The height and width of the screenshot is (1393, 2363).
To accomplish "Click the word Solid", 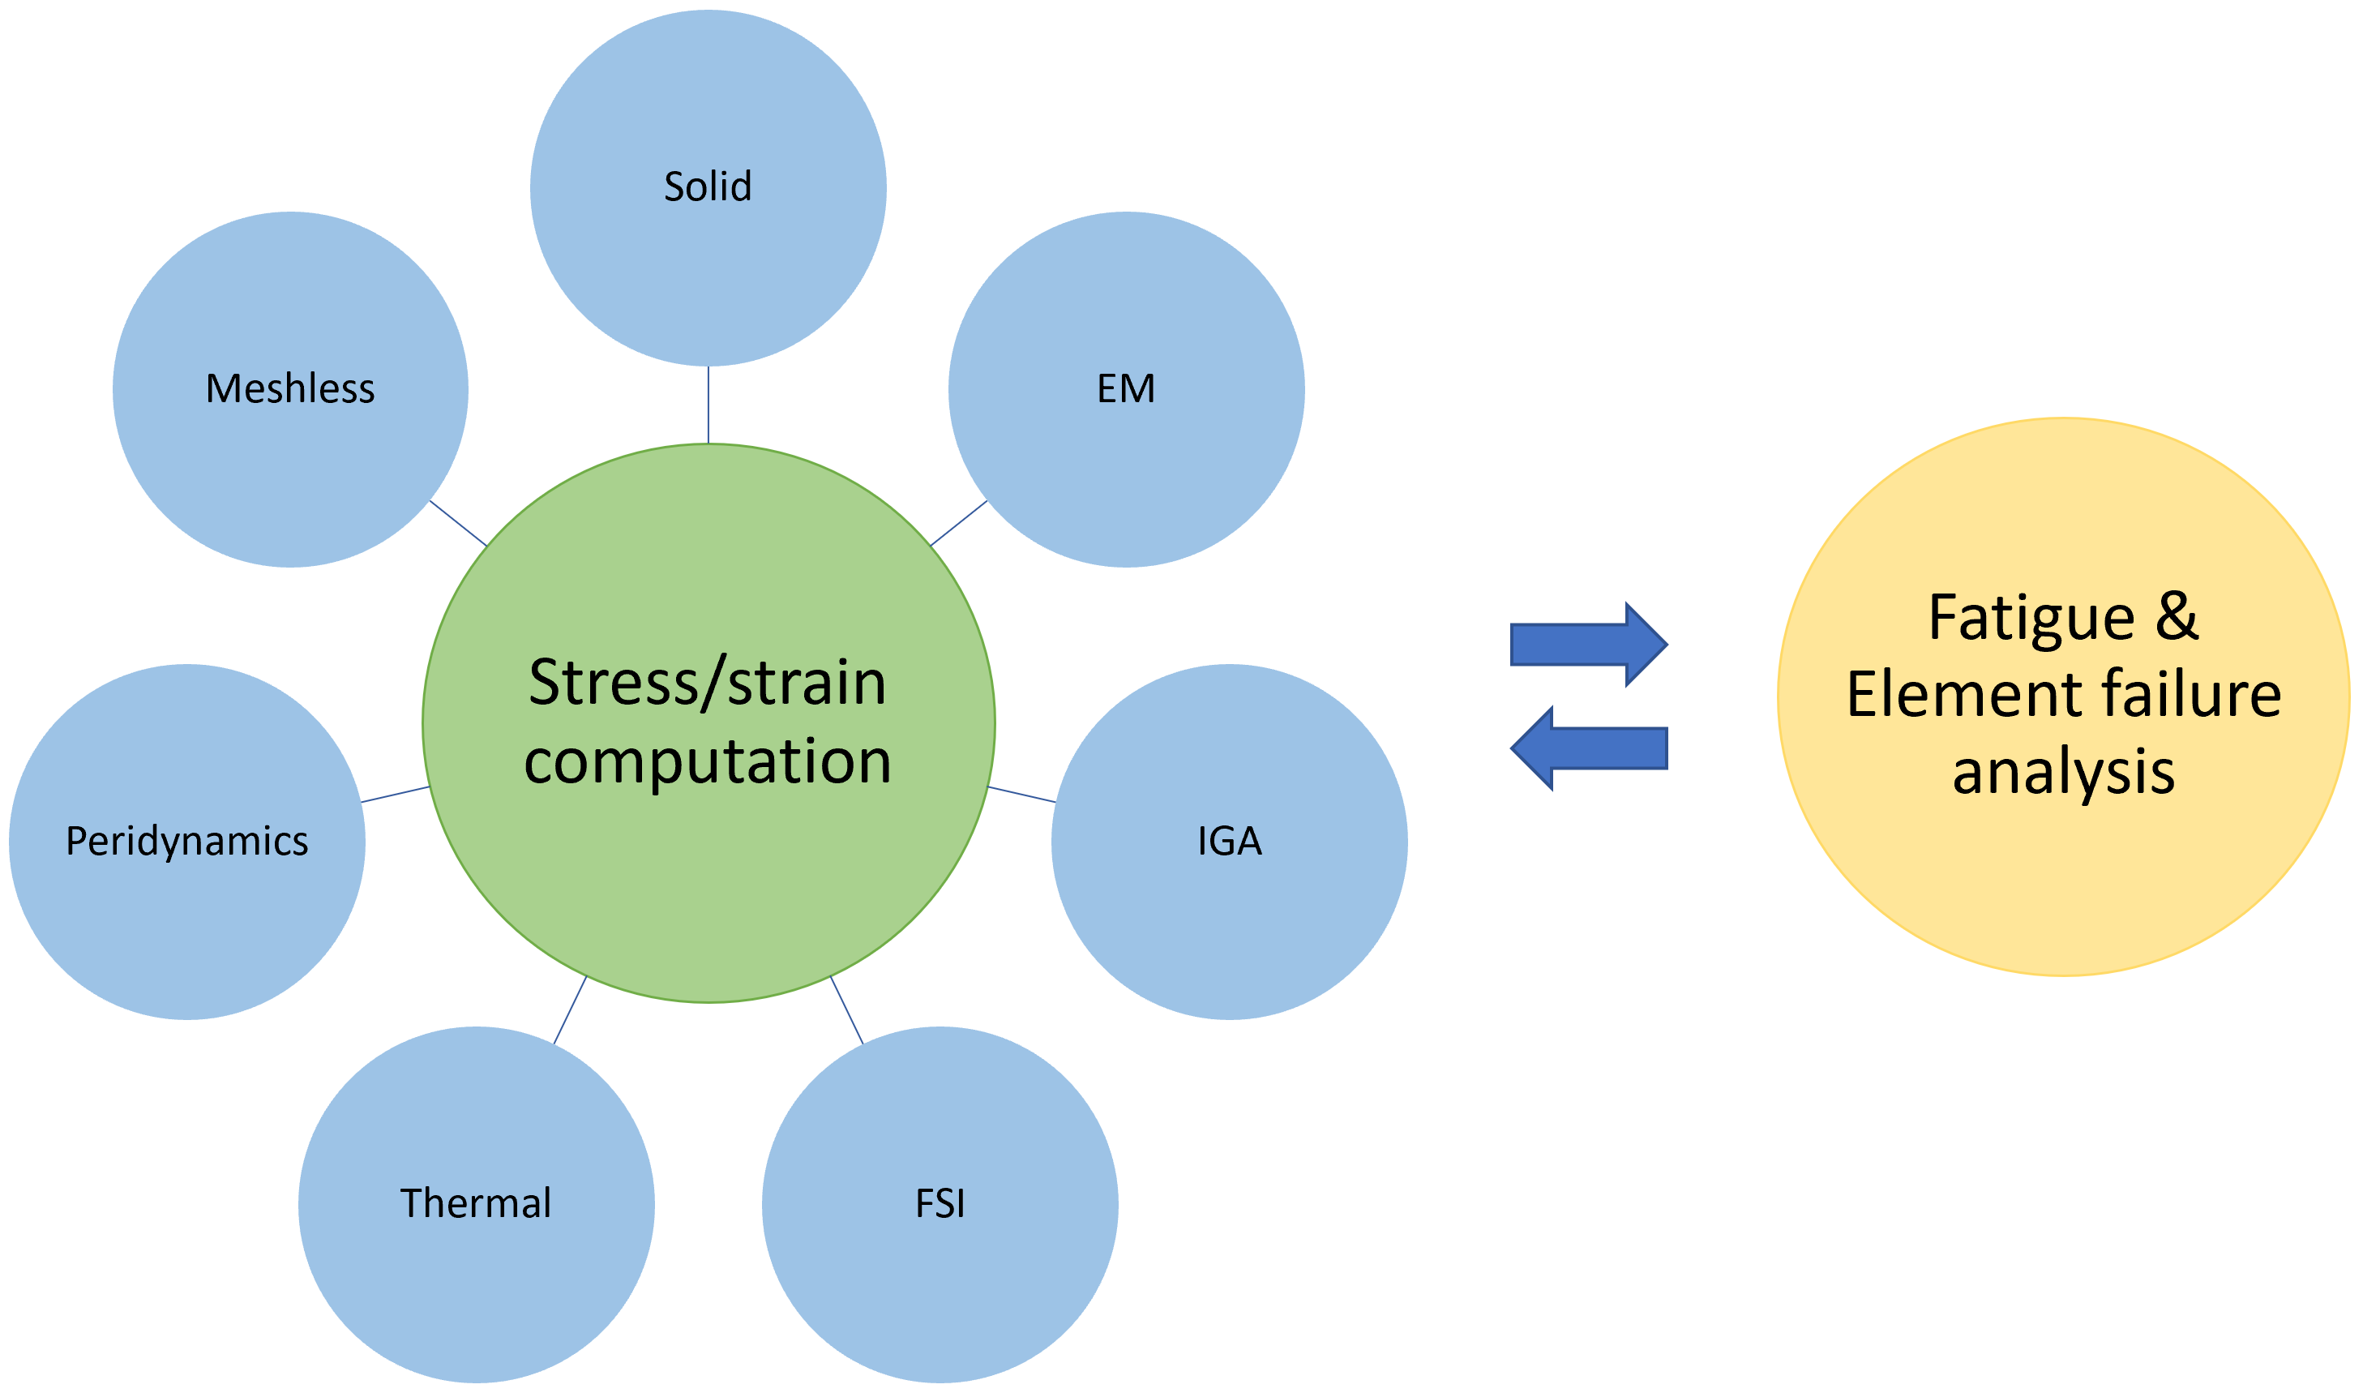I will (x=708, y=186).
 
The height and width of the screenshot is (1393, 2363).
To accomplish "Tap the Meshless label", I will (x=290, y=388).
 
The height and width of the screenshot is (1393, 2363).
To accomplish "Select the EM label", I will (x=1126, y=388).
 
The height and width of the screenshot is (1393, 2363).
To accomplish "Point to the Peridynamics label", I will (x=186, y=841).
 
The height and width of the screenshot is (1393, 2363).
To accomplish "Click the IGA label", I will (x=1230, y=841).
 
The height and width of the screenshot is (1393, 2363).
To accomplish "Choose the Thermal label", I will (x=476, y=1203).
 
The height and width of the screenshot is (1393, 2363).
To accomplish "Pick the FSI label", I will (x=940, y=1203).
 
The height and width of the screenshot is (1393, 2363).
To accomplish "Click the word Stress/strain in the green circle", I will (x=708, y=683).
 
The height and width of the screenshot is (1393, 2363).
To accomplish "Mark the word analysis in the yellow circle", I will (x=2064, y=773).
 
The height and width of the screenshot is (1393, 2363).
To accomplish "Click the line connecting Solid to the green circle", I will (x=708, y=405).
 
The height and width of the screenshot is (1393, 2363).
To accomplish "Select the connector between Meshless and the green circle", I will (x=458, y=523).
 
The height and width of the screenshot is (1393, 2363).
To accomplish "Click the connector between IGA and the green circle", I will (x=1022, y=794).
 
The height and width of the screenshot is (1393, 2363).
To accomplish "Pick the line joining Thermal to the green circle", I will (x=570, y=1010).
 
